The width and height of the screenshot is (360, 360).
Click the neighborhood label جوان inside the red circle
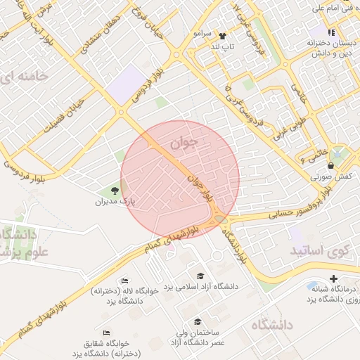click(185, 143)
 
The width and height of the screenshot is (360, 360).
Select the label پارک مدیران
click(115, 202)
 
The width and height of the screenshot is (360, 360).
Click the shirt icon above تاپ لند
click(223, 35)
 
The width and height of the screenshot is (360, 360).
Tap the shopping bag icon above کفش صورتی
click(330, 166)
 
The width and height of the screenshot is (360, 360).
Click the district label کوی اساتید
click(318, 250)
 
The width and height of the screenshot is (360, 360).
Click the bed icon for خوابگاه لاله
click(125, 280)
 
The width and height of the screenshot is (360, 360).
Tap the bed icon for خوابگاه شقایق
click(106, 332)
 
